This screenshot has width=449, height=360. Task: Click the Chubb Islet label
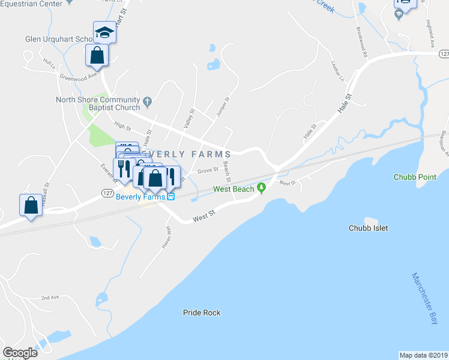click(369, 228)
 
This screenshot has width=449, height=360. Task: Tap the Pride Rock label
click(202, 313)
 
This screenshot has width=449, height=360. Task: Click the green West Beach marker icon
click(261, 188)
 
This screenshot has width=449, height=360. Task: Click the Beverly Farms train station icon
click(170, 196)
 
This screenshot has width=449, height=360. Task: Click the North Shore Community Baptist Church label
click(97, 103)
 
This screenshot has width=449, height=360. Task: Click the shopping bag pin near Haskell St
click(31, 205)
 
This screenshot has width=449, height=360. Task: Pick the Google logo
click(20, 353)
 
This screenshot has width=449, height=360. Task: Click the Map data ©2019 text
click(423, 355)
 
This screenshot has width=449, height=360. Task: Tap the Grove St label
click(208, 171)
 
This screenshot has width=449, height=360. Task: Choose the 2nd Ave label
click(50, 298)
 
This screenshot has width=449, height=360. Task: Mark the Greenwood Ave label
click(78, 76)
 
